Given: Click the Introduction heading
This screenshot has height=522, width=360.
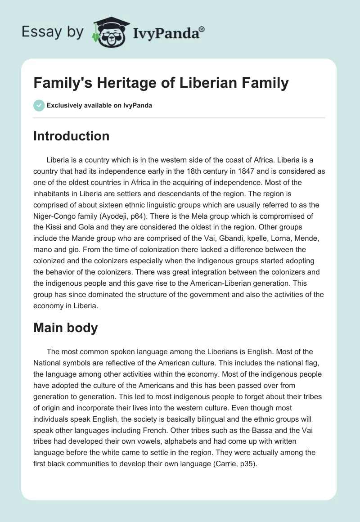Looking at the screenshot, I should pos(71,136).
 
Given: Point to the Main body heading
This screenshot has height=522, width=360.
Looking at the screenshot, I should pos(65,328).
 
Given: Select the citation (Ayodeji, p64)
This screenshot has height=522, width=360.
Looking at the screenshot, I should pos(138,218).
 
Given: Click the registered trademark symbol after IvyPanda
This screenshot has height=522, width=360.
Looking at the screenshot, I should pos(202,28).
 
